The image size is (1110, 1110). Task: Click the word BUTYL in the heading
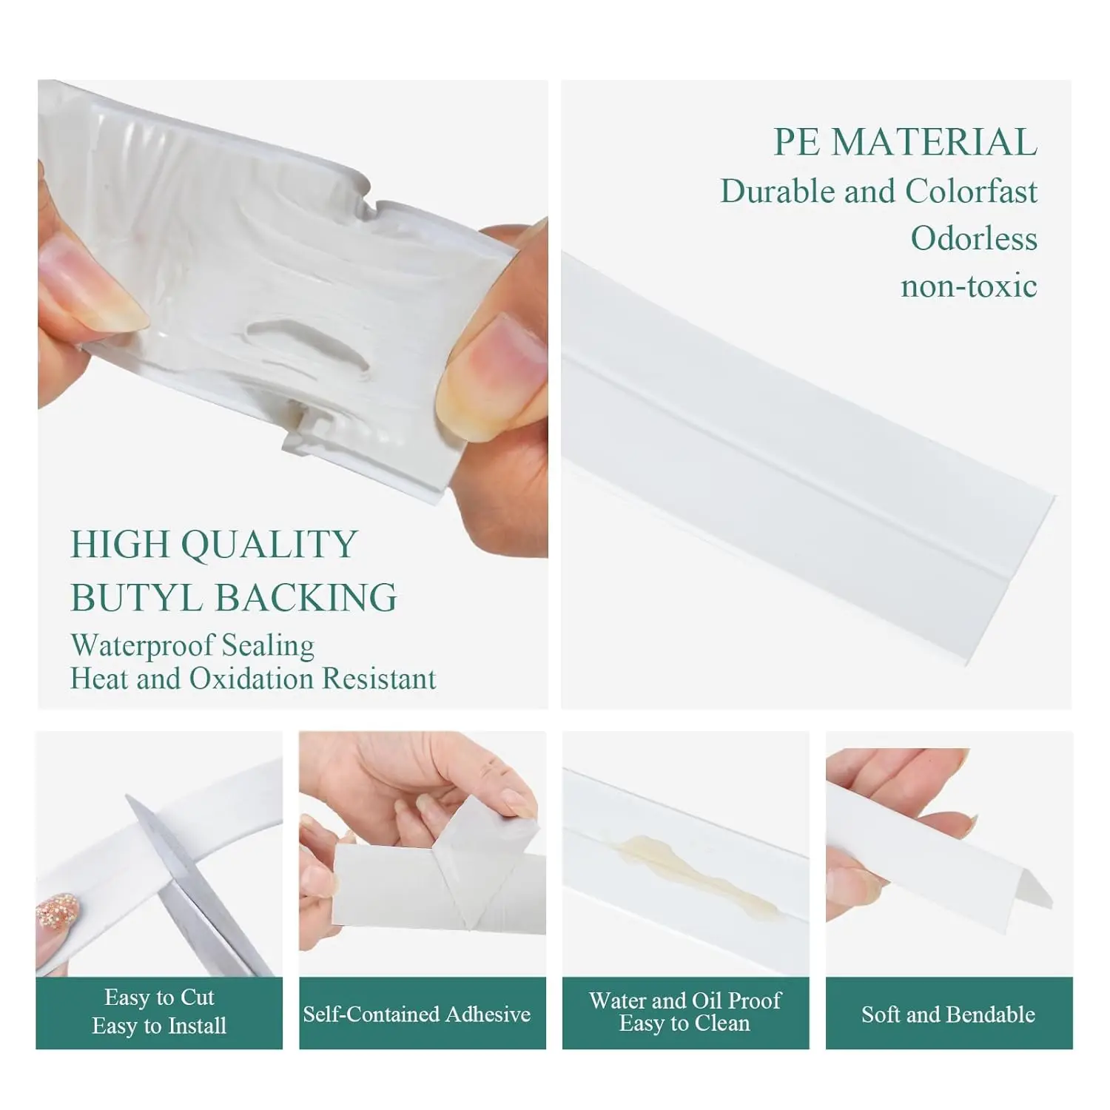point(135,598)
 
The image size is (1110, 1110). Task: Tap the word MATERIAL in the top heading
point(934,142)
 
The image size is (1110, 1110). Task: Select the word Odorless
point(974,238)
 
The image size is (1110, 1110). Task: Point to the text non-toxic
point(969,286)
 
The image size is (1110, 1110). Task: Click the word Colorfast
point(971,192)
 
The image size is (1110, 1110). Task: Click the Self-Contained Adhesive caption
point(417,1014)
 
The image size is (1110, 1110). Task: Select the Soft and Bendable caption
point(948,1014)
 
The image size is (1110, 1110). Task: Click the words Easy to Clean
point(684,1024)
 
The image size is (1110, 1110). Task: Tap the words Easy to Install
point(159,1026)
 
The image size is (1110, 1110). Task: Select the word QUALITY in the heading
point(269,545)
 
